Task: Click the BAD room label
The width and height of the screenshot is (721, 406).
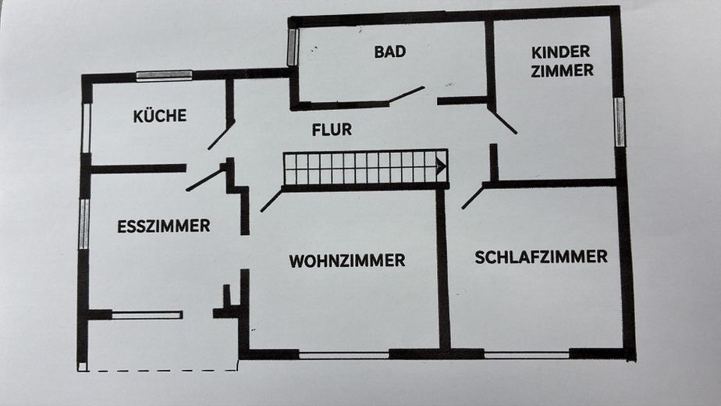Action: click(390, 52)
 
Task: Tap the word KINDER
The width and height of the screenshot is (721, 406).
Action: click(560, 52)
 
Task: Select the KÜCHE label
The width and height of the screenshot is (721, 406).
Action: click(160, 115)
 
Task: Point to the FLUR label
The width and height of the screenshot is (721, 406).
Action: click(332, 130)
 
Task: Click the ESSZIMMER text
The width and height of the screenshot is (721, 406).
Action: click(164, 226)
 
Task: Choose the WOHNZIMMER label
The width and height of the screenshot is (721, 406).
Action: click(347, 261)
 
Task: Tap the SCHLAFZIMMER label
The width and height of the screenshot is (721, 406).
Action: click(542, 257)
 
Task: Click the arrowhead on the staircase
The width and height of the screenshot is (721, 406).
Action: click(441, 166)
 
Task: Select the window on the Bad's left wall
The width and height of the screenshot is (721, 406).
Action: click(293, 47)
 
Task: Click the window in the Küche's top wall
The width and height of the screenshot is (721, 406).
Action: click(164, 76)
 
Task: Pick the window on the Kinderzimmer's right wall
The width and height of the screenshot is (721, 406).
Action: click(620, 122)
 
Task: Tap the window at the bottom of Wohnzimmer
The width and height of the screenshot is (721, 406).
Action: click(344, 354)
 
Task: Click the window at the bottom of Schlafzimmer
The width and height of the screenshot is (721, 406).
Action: click(527, 354)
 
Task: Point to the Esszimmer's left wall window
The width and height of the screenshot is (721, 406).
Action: click(83, 224)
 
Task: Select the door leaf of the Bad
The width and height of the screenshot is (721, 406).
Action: click(406, 95)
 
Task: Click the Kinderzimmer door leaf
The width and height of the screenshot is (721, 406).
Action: click(503, 120)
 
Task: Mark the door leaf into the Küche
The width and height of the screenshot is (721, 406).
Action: click(221, 135)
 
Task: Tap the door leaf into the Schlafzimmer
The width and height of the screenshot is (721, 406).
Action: click(473, 197)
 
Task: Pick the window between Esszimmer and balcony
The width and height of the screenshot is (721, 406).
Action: click(147, 315)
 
